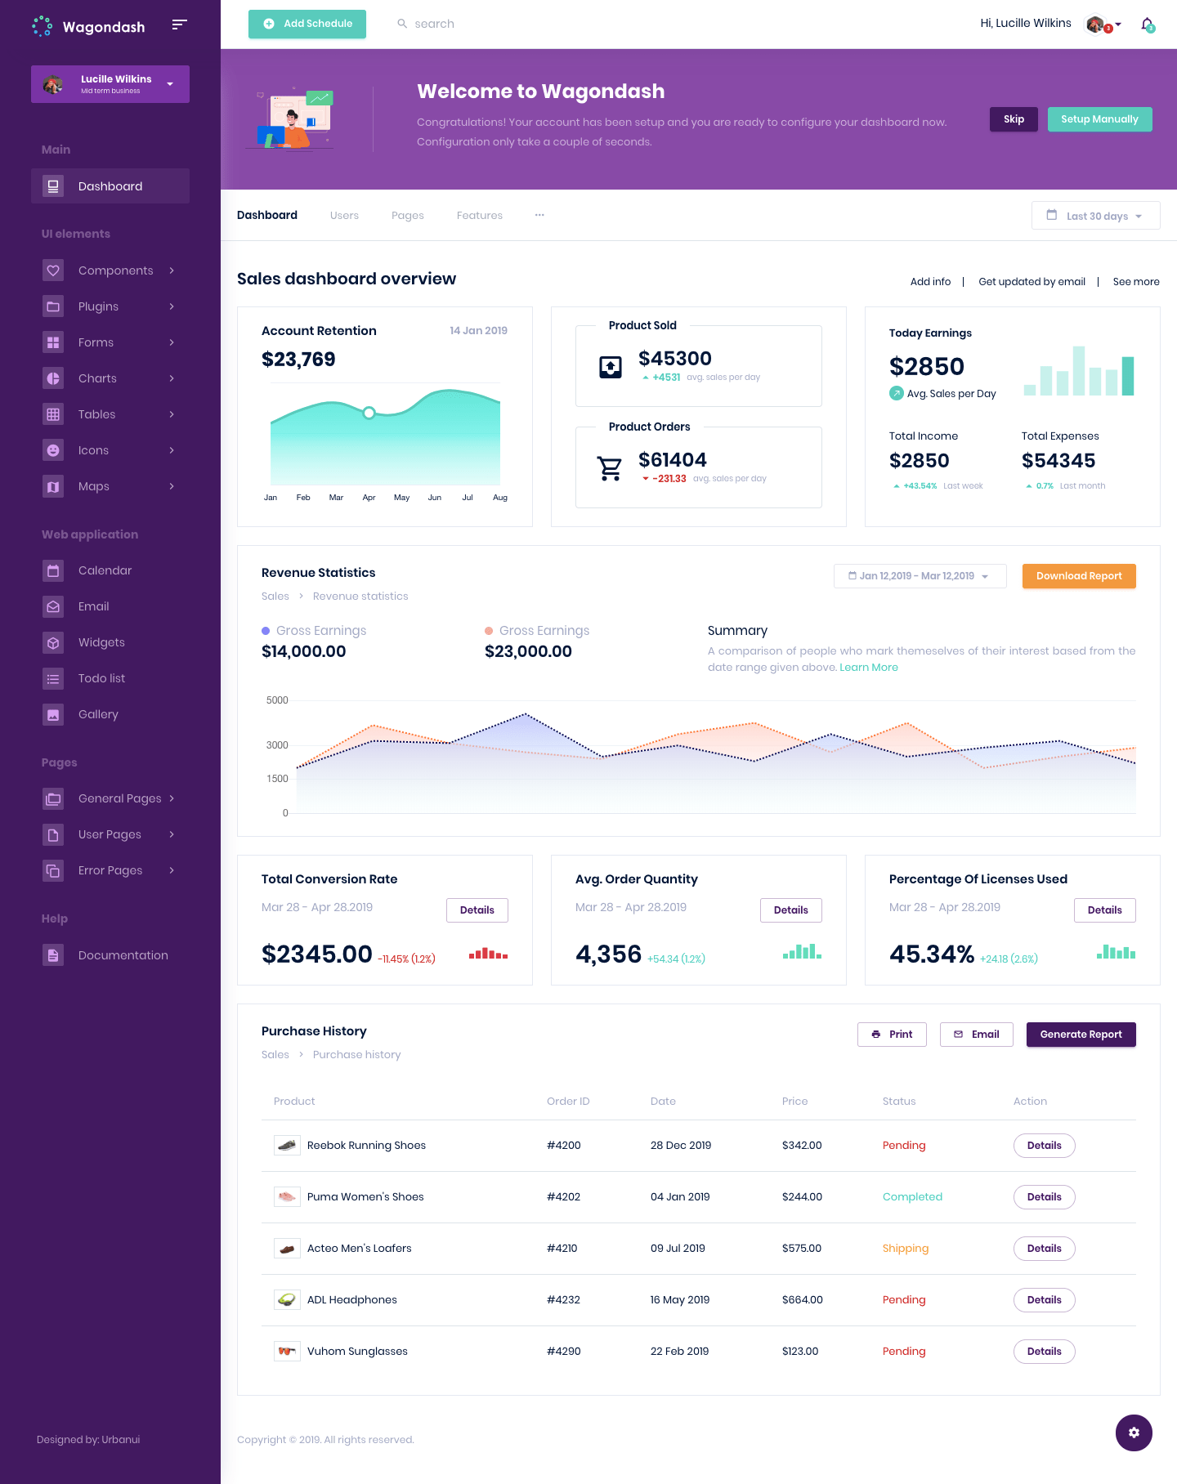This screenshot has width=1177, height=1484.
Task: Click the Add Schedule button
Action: coord(307,24)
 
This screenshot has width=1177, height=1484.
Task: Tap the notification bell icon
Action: coord(1148,24)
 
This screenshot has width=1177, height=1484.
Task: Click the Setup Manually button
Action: coord(1099,119)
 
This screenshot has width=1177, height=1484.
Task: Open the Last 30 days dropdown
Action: coord(1095,216)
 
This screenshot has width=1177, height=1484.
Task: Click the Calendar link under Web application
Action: coord(105,570)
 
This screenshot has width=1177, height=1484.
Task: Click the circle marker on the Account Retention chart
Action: coord(369,413)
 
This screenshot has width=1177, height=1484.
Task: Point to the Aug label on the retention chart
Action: coord(500,498)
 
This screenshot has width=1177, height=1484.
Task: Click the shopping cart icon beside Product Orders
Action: coord(610,468)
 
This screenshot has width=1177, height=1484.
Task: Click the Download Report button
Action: coord(1079,576)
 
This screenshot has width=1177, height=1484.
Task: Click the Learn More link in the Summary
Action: coord(868,668)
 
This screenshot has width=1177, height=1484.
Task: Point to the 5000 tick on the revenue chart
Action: coord(277,700)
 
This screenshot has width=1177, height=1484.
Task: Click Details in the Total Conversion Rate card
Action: coord(477,910)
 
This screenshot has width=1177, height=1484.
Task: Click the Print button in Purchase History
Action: coord(892,1035)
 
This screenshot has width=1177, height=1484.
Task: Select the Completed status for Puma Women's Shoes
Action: coord(912,1197)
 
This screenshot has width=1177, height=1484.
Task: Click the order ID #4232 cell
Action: coord(563,1300)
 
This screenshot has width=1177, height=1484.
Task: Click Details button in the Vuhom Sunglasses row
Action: coord(1044,1352)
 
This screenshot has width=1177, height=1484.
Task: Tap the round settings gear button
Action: coord(1134,1433)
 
